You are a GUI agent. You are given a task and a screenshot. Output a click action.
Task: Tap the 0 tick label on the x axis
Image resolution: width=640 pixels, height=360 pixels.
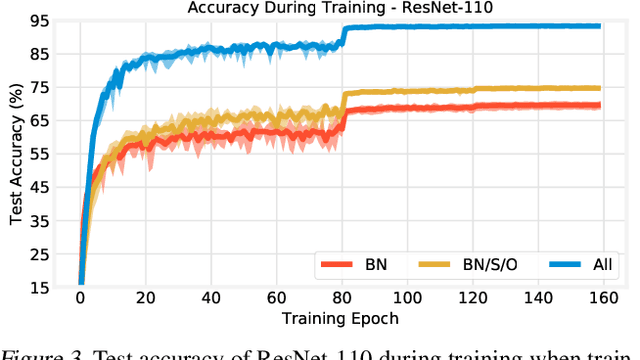(x=80, y=298)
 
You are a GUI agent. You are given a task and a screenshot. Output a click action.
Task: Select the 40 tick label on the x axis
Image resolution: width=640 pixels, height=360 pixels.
(x=211, y=298)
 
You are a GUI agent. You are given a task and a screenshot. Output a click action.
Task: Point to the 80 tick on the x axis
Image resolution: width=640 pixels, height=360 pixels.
(x=342, y=298)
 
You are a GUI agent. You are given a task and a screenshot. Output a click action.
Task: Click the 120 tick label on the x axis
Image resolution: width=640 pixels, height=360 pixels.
(x=473, y=298)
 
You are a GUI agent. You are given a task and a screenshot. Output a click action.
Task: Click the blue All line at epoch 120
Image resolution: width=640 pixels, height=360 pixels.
(x=473, y=26)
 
